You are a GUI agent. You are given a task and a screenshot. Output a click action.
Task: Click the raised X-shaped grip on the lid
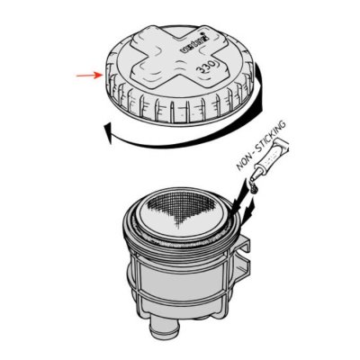coord(166,62)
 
